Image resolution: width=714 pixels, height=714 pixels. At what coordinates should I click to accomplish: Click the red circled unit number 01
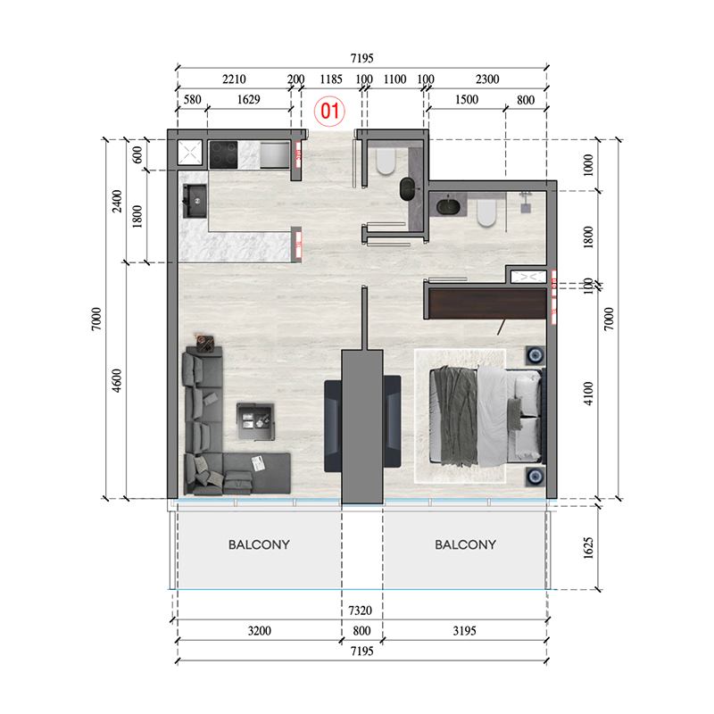330,112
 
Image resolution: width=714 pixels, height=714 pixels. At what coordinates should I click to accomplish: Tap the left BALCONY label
259,544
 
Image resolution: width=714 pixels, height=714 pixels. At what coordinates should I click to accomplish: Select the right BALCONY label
466,544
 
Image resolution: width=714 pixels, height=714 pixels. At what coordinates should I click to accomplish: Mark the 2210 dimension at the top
234,79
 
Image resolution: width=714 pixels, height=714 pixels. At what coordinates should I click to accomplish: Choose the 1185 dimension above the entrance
331,79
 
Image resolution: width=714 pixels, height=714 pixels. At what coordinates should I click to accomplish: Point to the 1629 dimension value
248,99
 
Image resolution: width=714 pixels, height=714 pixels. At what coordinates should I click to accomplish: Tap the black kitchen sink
193,202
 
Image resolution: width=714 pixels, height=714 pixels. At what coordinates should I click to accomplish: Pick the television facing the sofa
331,423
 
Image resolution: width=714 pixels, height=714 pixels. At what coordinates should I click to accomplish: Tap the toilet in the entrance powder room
386,162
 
